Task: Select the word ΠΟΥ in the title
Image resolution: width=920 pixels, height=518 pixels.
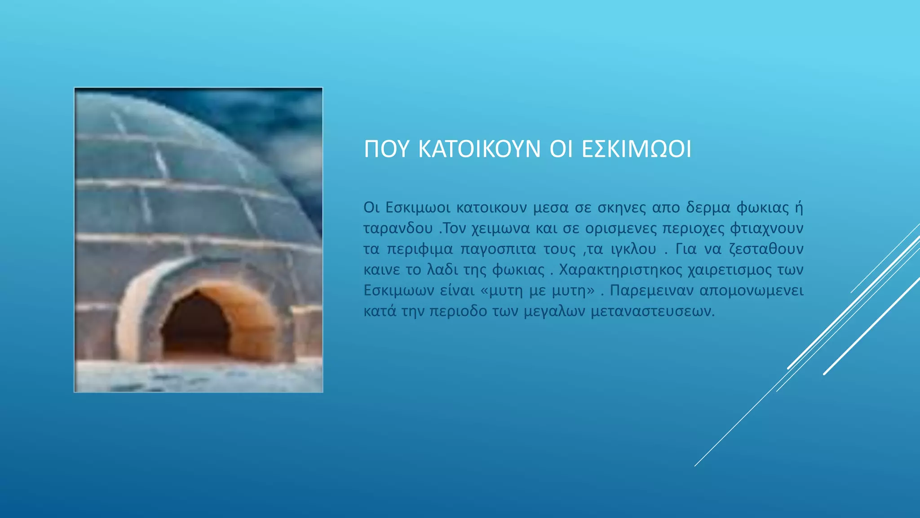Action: tap(386, 149)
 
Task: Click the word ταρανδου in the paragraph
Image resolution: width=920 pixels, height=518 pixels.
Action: tap(398, 228)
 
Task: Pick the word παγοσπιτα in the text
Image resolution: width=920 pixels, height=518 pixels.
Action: tap(498, 249)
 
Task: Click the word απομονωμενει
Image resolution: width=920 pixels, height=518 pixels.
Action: tap(751, 290)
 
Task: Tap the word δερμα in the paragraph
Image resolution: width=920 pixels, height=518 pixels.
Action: tap(708, 208)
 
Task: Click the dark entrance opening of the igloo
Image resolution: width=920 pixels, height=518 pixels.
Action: tap(195, 326)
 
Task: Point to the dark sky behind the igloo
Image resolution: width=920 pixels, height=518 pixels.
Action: tap(279, 117)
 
